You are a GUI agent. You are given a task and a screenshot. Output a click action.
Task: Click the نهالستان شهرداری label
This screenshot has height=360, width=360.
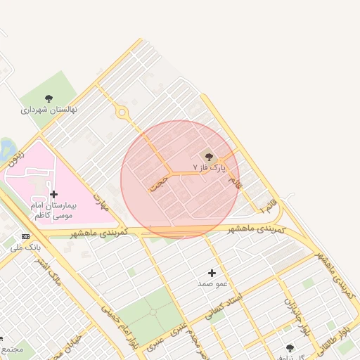point(49,110)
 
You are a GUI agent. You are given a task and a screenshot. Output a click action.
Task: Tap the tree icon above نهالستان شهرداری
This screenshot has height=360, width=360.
point(49,98)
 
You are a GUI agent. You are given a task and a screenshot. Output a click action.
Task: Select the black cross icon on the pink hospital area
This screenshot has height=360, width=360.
point(53,194)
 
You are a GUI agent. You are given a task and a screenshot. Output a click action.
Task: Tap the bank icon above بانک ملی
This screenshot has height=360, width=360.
point(26,236)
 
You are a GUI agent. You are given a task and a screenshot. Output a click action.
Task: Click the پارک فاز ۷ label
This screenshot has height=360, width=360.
point(210,167)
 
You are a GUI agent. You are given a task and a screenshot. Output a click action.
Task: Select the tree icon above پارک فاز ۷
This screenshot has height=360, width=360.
point(208,156)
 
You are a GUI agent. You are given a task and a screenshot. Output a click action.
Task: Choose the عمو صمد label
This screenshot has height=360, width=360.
point(212,283)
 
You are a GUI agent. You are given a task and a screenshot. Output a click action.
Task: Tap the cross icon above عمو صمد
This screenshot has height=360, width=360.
point(212,273)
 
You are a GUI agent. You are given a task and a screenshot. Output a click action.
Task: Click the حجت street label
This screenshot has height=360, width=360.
point(160,182)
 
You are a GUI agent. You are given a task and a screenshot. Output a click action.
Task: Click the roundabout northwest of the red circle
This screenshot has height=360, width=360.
point(122,112)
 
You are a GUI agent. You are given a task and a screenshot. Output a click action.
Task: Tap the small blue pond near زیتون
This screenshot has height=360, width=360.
point(7,147)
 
